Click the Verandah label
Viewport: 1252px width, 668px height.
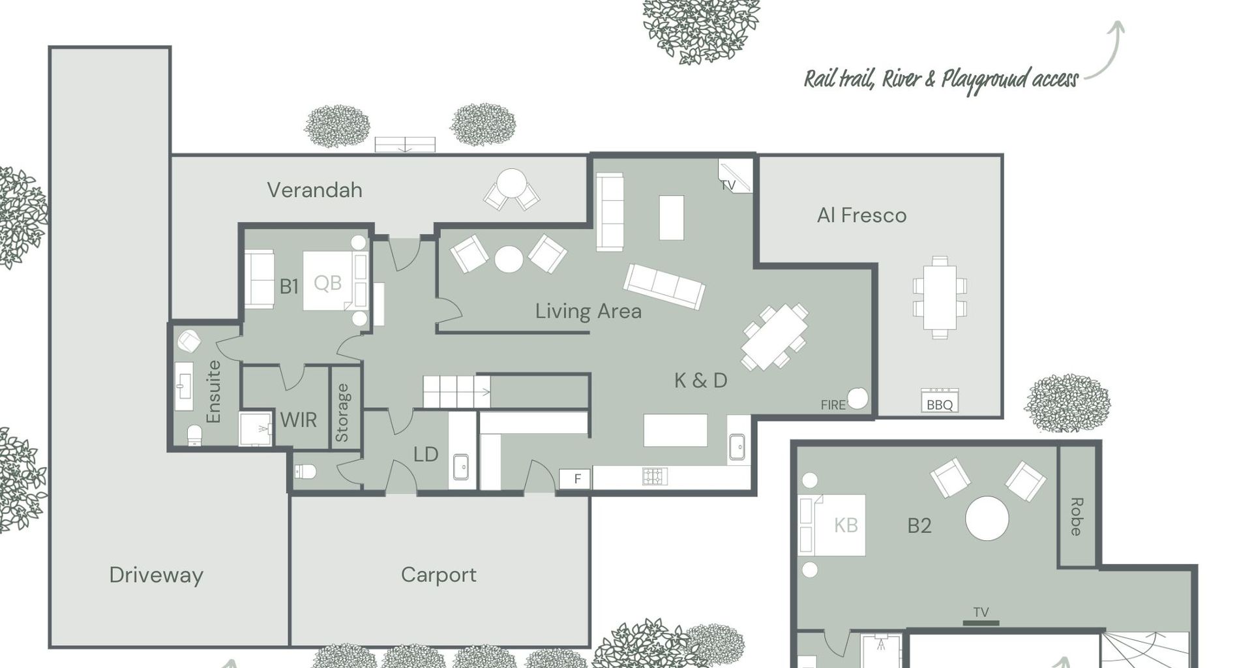[314, 190]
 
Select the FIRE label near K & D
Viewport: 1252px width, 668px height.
[833, 405]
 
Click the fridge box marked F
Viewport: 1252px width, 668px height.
[575, 479]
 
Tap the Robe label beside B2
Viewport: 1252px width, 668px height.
[1077, 517]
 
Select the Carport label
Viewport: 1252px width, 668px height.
[438, 575]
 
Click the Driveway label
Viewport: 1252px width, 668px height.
[156, 575]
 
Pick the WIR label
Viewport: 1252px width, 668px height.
[299, 420]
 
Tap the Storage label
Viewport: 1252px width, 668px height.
[342, 413]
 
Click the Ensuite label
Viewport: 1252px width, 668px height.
[213, 391]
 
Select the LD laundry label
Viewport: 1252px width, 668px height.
[426, 455]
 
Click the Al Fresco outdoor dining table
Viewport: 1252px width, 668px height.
[940, 297]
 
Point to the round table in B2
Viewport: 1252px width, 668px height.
[987, 519]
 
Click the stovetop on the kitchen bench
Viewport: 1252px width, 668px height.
[655, 477]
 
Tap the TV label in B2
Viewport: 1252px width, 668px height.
[981, 613]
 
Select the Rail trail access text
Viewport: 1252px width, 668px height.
[941, 80]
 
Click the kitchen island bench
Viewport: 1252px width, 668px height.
[676, 431]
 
